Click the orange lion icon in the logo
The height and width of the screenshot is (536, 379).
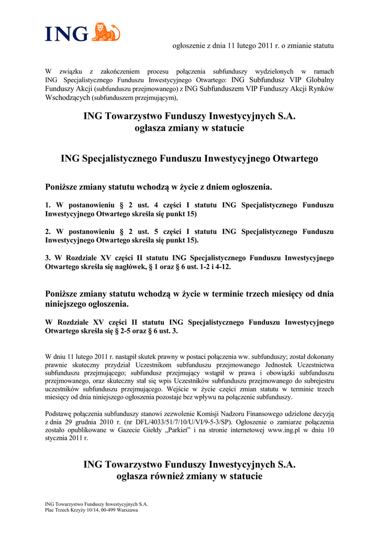point(106,32)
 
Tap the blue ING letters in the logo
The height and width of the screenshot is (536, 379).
point(66,35)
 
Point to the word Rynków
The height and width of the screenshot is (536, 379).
point(320,88)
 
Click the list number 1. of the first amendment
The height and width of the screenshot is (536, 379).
point(48,205)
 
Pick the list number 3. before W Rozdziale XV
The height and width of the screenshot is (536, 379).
point(48,258)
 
